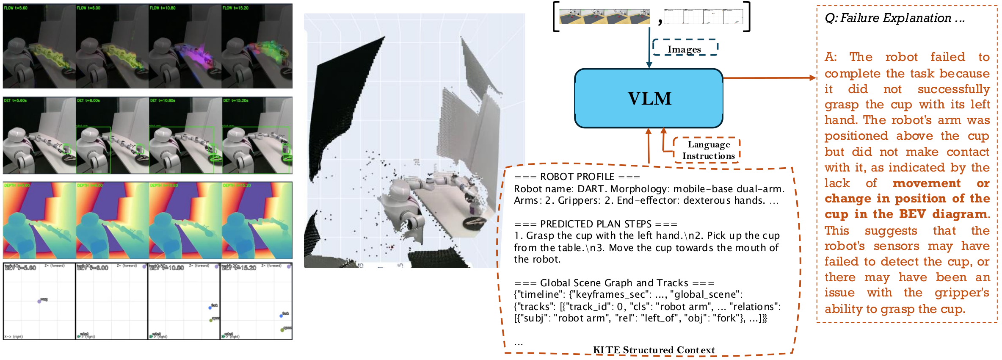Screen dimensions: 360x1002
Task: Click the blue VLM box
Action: (x=649, y=98)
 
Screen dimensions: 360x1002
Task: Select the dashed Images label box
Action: (x=685, y=49)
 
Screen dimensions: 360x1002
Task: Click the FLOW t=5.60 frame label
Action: (x=16, y=8)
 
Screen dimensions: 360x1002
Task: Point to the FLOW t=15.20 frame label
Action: (x=235, y=8)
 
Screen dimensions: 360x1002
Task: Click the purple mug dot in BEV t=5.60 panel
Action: (x=39, y=301)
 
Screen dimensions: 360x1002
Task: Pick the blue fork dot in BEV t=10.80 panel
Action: (x=210, y=307)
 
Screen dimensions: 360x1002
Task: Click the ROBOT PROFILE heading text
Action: (x=577, y=177)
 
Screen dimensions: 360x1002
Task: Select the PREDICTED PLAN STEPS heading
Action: (x=596, y=224)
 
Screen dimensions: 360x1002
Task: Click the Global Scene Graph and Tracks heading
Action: (x=614, y=283)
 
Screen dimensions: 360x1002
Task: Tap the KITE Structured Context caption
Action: (x=654, y=350)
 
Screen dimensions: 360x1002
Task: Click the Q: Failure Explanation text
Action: (x=894, y=18)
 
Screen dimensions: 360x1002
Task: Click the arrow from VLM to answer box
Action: (x=768, y=78)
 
